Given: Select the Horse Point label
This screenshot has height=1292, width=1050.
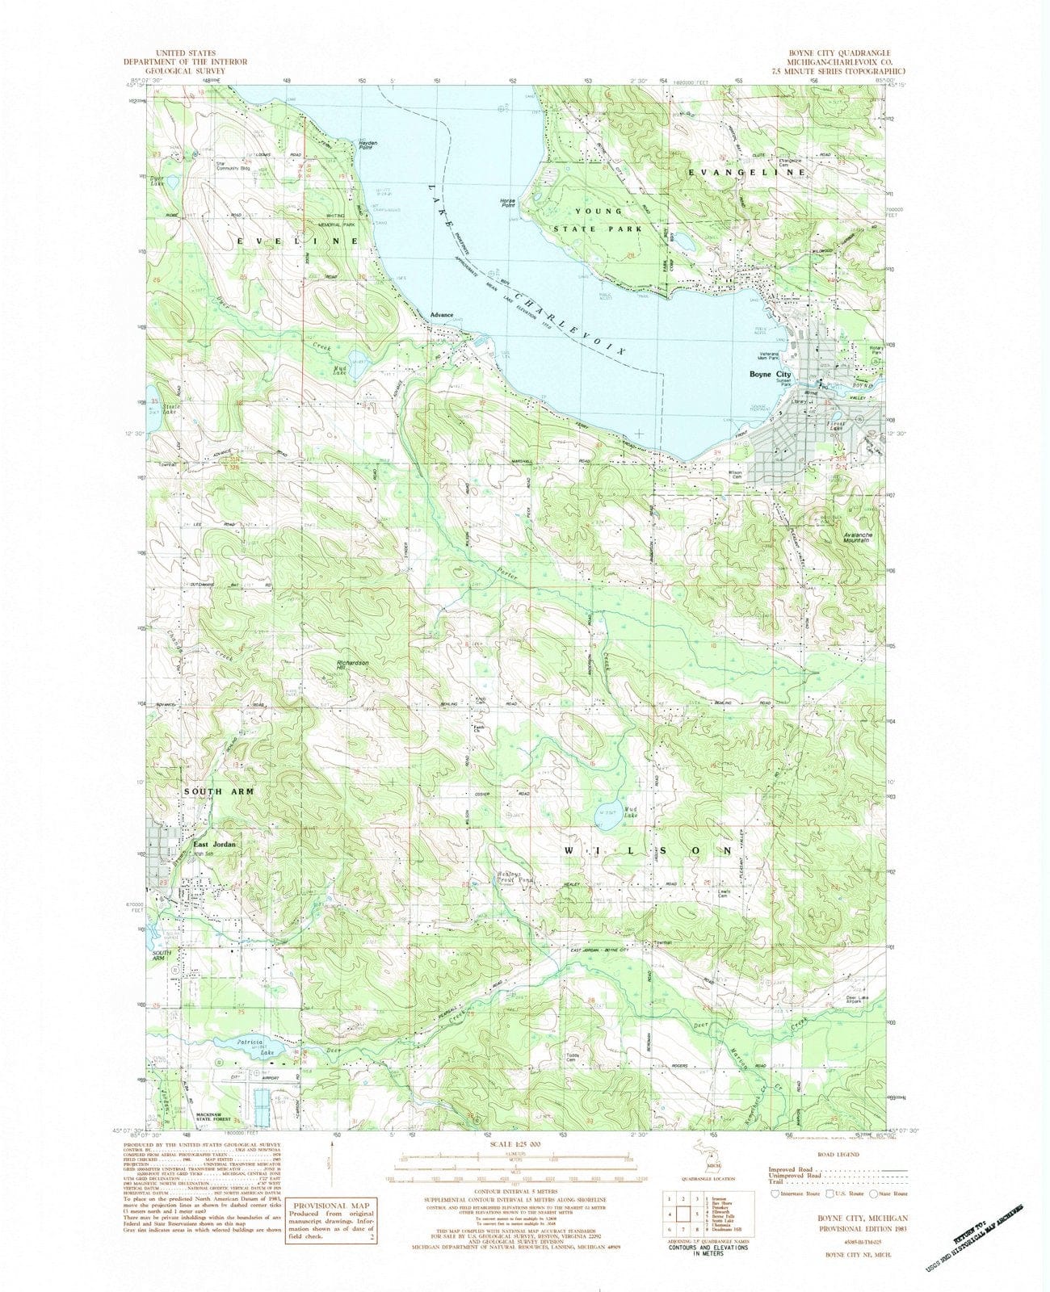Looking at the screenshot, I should (x=507, y=203).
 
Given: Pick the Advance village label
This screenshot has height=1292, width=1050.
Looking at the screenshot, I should (x=442, y=316).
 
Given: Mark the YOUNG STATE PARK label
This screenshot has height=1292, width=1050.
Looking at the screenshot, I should (x=605, y=220).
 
